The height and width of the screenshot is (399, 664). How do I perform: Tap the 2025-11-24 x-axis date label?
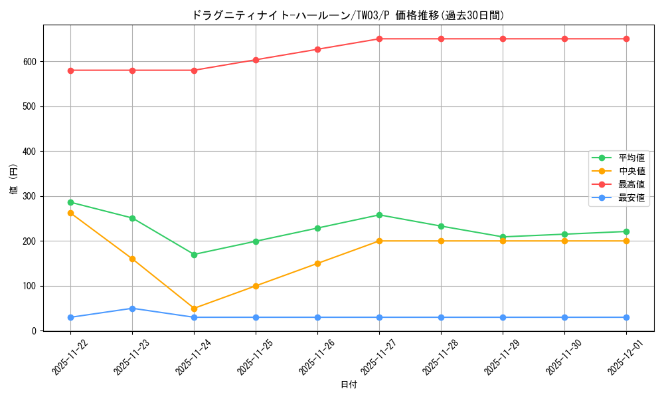tap(190, 356)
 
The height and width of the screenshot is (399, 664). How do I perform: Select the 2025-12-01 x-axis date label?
tap(622, 356)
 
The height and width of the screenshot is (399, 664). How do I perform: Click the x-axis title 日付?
tap(349, 385)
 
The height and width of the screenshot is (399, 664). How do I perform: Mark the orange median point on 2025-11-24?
tap(194, 309)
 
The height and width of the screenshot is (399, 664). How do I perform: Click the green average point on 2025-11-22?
tap(70, 202)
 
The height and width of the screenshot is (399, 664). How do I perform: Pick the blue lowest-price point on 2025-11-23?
tap(132, 309)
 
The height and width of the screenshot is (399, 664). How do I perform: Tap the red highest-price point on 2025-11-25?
tap(256, 60)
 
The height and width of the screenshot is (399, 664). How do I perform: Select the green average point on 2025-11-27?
tap(379, 215)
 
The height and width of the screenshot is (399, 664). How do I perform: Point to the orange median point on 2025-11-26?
tap(317, 263)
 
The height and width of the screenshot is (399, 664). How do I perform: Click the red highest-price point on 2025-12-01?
tap(626, 39)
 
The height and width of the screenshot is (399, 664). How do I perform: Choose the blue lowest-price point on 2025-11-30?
tap(564, 317)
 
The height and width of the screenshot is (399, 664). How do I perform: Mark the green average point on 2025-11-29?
tap(503, 237)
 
